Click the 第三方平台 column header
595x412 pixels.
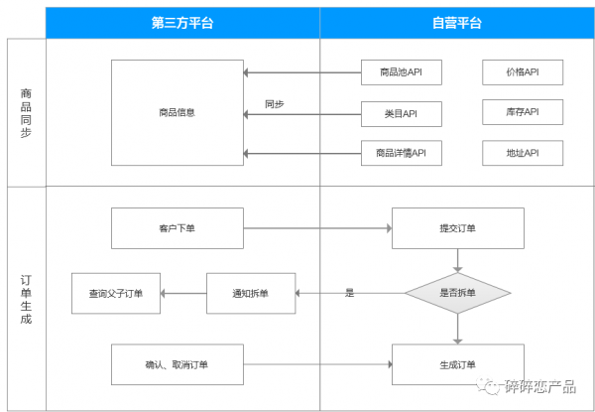pos(182,22)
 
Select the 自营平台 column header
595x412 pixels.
pos(457,22)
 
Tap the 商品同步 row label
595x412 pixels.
pos(26,112)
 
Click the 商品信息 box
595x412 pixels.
pos(177,112)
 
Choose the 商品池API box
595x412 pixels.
pos(402,72)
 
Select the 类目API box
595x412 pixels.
pos(402,113)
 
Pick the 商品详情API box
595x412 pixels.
pos(402,153)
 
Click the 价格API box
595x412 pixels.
pos(523,72)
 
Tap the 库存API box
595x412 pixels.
pos(523,113)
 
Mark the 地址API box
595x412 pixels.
pos(523,153)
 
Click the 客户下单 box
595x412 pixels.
pos(177,228)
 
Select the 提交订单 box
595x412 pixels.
pos(457,228)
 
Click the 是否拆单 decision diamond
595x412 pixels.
pos(457,293)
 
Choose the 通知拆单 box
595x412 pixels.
pos(250,293)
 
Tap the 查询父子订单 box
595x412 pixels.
pos(115,293)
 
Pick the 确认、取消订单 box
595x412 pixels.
pos(177,364)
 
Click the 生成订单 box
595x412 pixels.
pos(457,364)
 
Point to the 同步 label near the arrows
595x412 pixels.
pos(275,103)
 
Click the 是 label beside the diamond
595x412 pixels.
pos(349,293)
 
